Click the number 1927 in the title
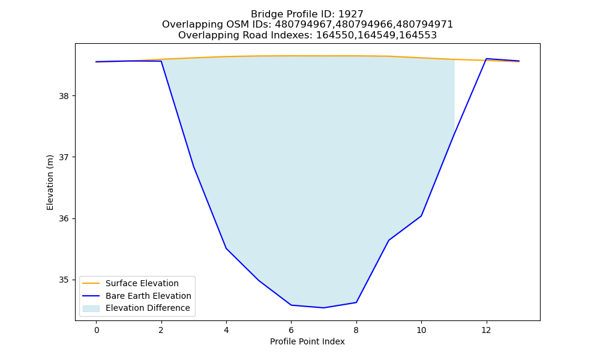[350, 14]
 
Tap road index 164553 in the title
[418, 35]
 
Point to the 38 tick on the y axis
[64, 96]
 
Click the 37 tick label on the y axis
[64, 157]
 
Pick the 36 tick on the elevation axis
[64, 219]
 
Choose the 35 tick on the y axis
[64, 280]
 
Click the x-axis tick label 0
[97, 330]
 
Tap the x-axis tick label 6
[291, 330]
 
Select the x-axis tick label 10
[421, 330]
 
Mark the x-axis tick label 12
[487, 330]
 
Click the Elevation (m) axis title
[50, 182]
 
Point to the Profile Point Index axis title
[307, 341]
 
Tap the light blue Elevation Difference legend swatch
[91, 308]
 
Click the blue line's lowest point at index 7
[324, 308]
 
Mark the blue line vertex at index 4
[226, 248]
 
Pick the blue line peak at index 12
[487, 59]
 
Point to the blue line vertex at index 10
[421, 216]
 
